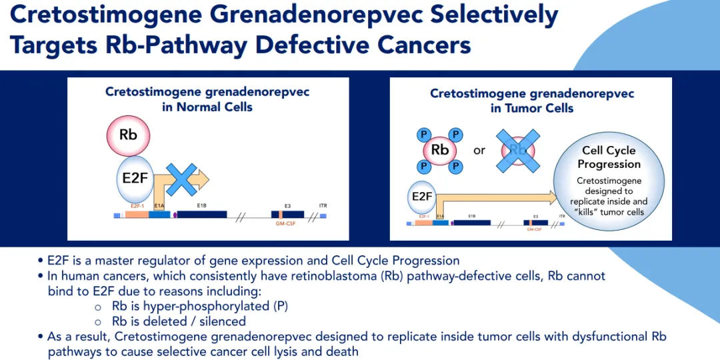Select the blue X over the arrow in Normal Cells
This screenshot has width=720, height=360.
point(181,179)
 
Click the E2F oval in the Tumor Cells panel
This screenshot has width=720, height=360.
point(422,196)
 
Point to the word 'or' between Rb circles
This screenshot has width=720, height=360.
point(479,151)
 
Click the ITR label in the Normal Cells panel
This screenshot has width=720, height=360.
point(323,206)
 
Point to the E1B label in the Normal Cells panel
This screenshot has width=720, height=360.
point(201,206)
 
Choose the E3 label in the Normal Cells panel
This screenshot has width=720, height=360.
point(287,206)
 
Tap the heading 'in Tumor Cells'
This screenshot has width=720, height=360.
point(532,108)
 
